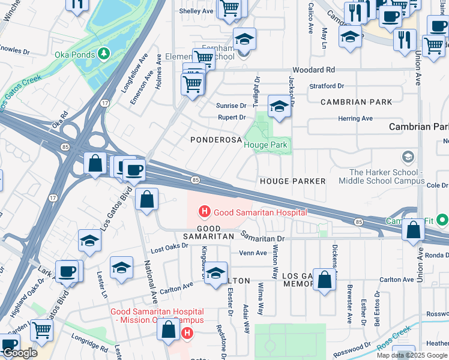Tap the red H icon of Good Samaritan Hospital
tap(205, 212)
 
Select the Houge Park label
tap(266, 145)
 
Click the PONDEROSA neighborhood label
tap(215, 139)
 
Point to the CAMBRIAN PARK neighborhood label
tap(356, 102)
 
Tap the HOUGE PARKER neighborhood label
tap(292, 181)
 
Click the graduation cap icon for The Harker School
tap(408, 157)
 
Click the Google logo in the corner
tap(19, 353)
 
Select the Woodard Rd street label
tap(314, 70)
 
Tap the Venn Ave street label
tap(253, 253)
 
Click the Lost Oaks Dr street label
tap(166, 249)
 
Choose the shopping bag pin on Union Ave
tap(413, 230)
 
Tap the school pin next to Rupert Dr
tap(279, 106)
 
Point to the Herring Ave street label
tap(355, 119)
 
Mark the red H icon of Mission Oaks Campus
tap(187, 332)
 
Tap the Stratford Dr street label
tap(327, 86)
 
